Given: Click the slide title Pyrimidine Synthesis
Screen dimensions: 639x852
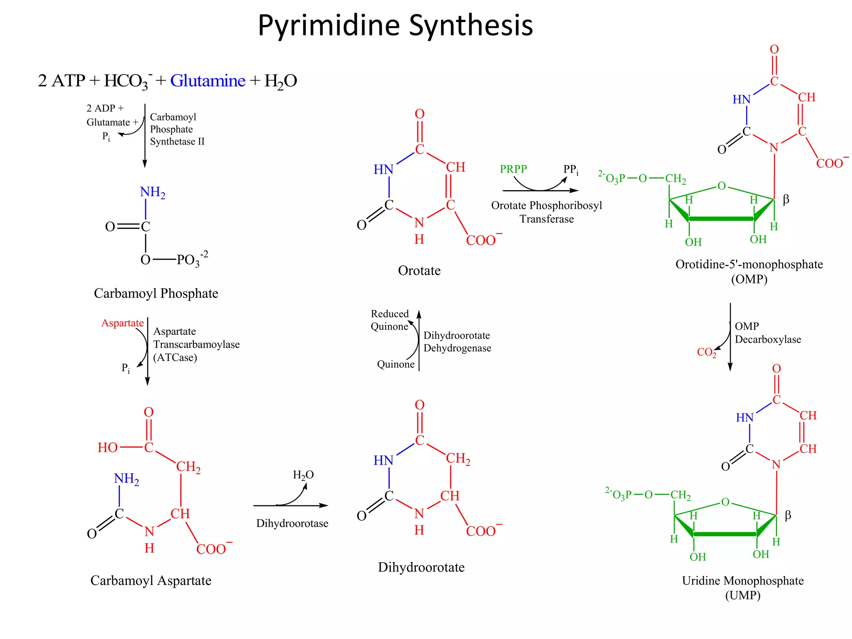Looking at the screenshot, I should (x=395, y=26).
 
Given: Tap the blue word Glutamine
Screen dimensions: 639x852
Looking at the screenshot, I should (x=208, y=81).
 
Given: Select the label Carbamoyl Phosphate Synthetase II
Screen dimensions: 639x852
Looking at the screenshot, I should (x=177, y=129).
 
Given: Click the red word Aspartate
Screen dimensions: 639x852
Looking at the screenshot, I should (x=122, y=323).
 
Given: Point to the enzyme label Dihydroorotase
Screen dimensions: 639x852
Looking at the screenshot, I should (x=292, y=523).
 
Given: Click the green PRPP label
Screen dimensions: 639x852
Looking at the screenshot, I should (x=513, y=169).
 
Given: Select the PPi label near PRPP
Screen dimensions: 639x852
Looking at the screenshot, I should (x=570, y=170).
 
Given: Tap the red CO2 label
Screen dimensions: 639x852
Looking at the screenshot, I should (x=706, y=352).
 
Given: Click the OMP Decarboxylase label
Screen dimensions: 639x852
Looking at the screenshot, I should (x=767, y=333).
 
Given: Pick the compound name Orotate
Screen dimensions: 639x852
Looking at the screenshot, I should (x=419, y=271).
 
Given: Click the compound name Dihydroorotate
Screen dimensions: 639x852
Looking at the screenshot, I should (x=421, y=567).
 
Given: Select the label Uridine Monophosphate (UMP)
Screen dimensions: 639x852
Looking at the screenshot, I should (x=743, y=587).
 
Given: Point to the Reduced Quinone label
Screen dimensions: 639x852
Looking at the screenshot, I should (x=390, y=320).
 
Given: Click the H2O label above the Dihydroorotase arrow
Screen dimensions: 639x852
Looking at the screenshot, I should (x=303, y=475).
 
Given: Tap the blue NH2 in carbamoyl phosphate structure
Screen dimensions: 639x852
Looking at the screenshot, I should (x=152, y=192).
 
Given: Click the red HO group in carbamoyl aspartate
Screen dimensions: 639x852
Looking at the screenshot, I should (x=108, y=448).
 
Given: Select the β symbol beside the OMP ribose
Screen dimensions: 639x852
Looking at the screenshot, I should (x=785, y=200).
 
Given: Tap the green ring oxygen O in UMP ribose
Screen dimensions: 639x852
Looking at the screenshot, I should (x=725, y=502).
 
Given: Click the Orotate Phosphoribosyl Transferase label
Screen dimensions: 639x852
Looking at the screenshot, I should (x=546, y=212).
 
